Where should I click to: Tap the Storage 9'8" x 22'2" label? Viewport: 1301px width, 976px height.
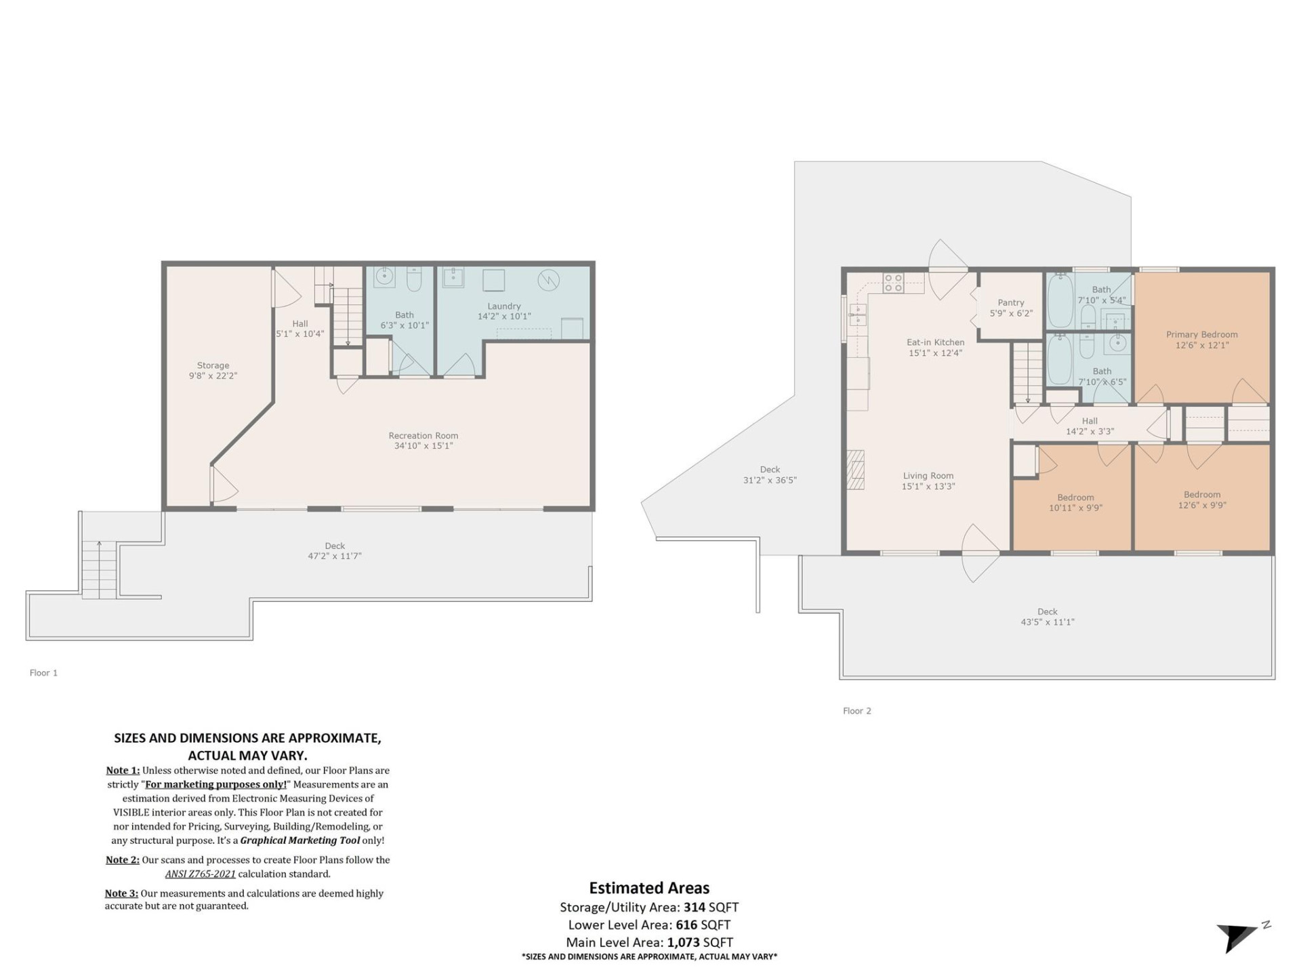point(213,370)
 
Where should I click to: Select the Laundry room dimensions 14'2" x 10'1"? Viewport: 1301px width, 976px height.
point(504,317)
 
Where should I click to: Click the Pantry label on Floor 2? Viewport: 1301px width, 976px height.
point(1010,303)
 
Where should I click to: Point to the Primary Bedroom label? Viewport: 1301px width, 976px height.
point(1201,335)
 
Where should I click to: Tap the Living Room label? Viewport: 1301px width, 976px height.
point(928,476)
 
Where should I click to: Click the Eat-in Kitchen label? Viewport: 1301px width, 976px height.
point(935,342)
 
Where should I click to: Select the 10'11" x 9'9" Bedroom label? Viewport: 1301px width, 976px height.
point(1075,502)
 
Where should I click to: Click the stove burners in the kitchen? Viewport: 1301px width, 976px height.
point(893,283)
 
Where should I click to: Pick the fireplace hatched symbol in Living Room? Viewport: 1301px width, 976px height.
point(856,470)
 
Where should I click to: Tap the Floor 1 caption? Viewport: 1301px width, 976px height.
point(43,673)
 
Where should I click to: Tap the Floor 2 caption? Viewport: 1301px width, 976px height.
point(856,711)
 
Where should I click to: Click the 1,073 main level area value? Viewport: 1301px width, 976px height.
point(683,942)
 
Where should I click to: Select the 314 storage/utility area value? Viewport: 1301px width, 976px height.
point(694,907)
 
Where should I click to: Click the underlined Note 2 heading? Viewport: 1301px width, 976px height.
point(122,860)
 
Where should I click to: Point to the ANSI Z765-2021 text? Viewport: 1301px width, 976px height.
point(201,874)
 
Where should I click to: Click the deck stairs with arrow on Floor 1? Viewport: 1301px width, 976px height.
point(99,569)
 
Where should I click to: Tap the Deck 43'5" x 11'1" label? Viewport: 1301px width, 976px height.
point(1047,617)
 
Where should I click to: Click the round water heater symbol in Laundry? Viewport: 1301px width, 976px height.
point(548,280)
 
